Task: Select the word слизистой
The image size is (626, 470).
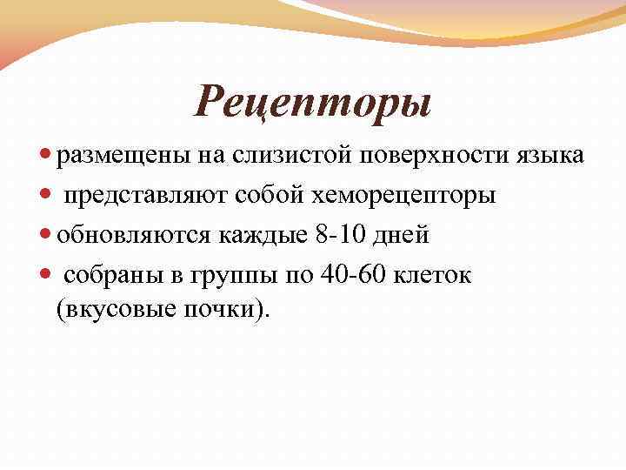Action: point(276,156)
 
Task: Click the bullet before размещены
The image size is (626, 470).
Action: point(46,157)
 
